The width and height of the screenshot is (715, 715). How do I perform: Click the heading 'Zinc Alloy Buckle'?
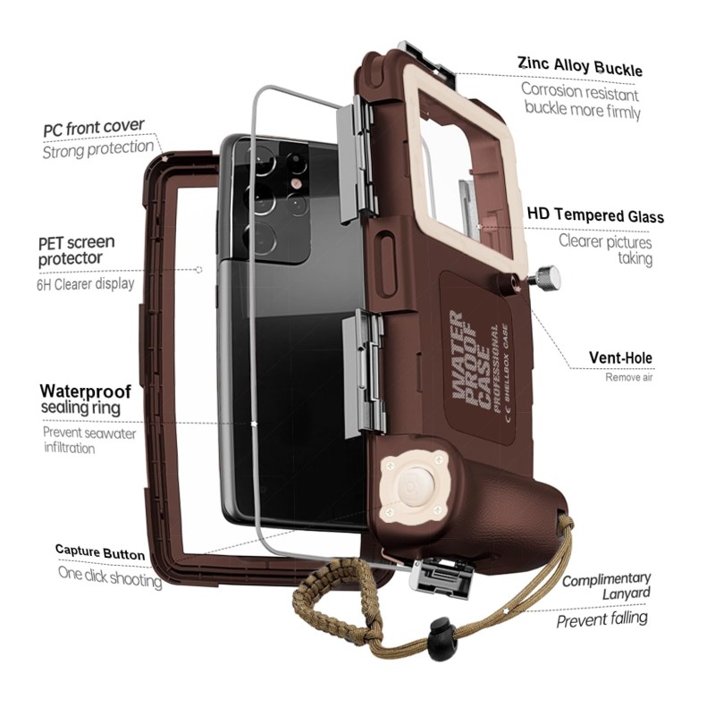point(579,67)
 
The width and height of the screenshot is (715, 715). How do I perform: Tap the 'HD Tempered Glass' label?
point(595,216)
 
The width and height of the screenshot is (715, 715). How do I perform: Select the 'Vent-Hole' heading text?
point(620,358)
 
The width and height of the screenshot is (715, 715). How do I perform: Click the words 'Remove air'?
point(629,378)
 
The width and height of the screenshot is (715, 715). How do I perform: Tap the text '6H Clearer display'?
point(87,284)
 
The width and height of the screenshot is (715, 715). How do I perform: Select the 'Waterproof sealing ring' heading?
point(86,400)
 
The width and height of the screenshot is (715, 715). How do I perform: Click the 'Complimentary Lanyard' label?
point(606,585)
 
